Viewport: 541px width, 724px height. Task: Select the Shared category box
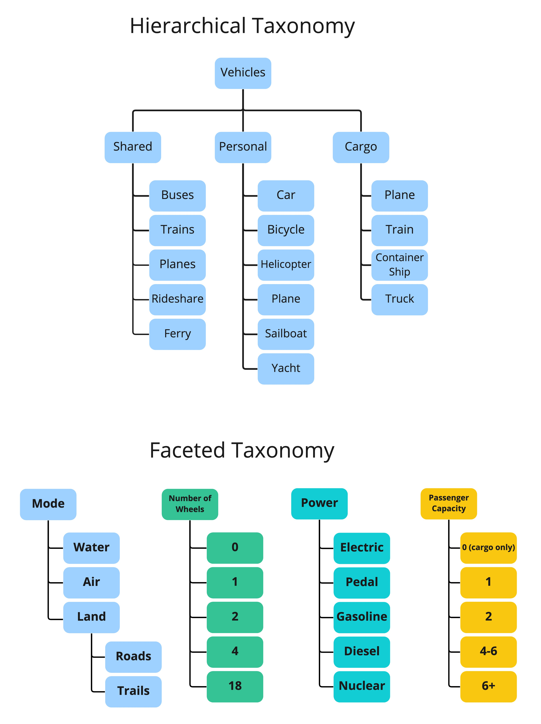point(132,147)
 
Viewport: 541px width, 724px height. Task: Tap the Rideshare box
point(177,299)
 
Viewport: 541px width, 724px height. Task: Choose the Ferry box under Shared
point(177,334)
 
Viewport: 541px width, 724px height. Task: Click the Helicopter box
point(286,264)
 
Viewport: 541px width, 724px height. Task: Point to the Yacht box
point(286,368)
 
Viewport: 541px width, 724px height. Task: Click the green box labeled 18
point(234,686)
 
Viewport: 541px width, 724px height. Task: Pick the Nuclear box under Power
point(361,686)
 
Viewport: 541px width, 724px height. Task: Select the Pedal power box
point(361,582)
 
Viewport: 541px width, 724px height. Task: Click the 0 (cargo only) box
point(488,548)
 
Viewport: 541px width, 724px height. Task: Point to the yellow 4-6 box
point(488,651)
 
